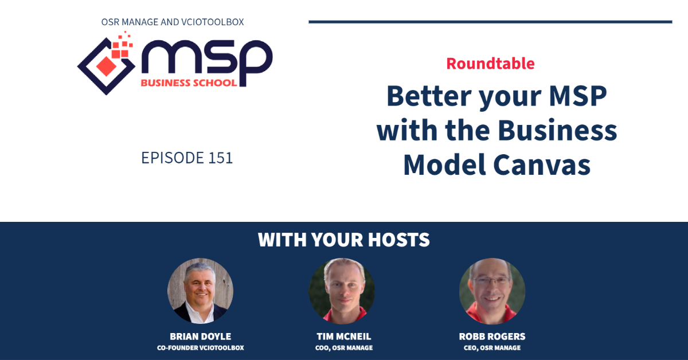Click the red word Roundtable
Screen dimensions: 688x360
(x=490, y=64)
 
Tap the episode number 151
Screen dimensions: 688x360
(x=220, y=158)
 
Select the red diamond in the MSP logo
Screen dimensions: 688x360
(x=106, y=66)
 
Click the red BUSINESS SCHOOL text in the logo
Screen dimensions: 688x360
(x=189, y=83)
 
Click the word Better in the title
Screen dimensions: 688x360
(x=429, y=96)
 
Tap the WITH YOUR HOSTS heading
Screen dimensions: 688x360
(x=343, y=240)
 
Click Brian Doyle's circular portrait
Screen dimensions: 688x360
(x=200, y=291)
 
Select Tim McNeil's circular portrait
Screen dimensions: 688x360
(x=342, y=291)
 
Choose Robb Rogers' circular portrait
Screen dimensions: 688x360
(x=492, y=291)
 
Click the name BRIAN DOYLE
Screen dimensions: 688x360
(x=200, y=336)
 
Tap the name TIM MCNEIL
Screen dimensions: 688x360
(x=343, y=336)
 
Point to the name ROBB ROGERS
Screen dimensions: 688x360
(x=492, y=336)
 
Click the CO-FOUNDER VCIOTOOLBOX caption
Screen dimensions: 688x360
(x=200, y=348)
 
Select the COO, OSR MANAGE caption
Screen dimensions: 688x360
(x=343, y=348)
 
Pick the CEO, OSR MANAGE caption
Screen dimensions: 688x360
(x=492, y=348)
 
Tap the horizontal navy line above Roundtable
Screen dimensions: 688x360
(x=491, y=22)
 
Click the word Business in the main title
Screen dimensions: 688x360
(x=557, y=130)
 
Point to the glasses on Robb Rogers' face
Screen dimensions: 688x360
(x=491, y=280)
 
